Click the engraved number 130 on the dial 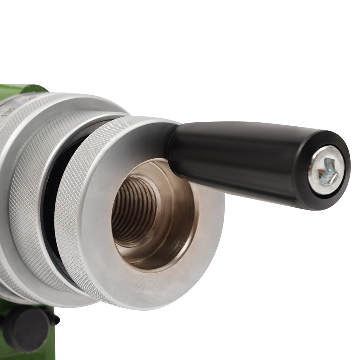pos(6,113)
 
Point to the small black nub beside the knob pos(56,319)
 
